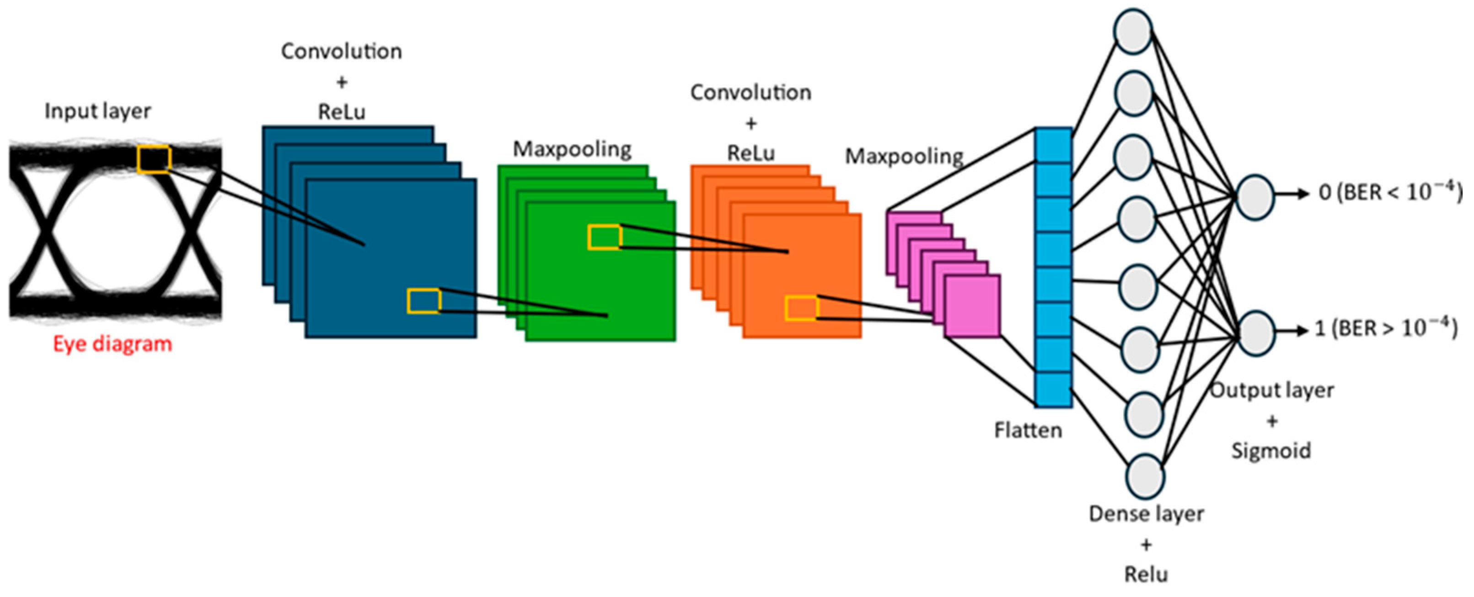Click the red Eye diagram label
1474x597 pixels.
coord(113,344)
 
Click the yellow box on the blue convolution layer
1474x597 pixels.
coord(424,301)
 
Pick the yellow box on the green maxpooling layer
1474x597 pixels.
coord(605,237)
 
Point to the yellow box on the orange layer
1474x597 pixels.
coord(802,308)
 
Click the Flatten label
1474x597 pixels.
coord(1028,430)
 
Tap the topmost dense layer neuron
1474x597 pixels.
coord(1133,32)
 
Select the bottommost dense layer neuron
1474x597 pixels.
coord(1146,476)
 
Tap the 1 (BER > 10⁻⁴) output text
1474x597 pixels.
coord(1385,328)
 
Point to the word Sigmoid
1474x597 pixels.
coord(1271,451)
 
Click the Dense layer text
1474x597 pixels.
coord(1146,514)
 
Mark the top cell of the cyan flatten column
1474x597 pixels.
coord(1053,145)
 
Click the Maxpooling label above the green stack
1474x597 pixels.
coord(572,150)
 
